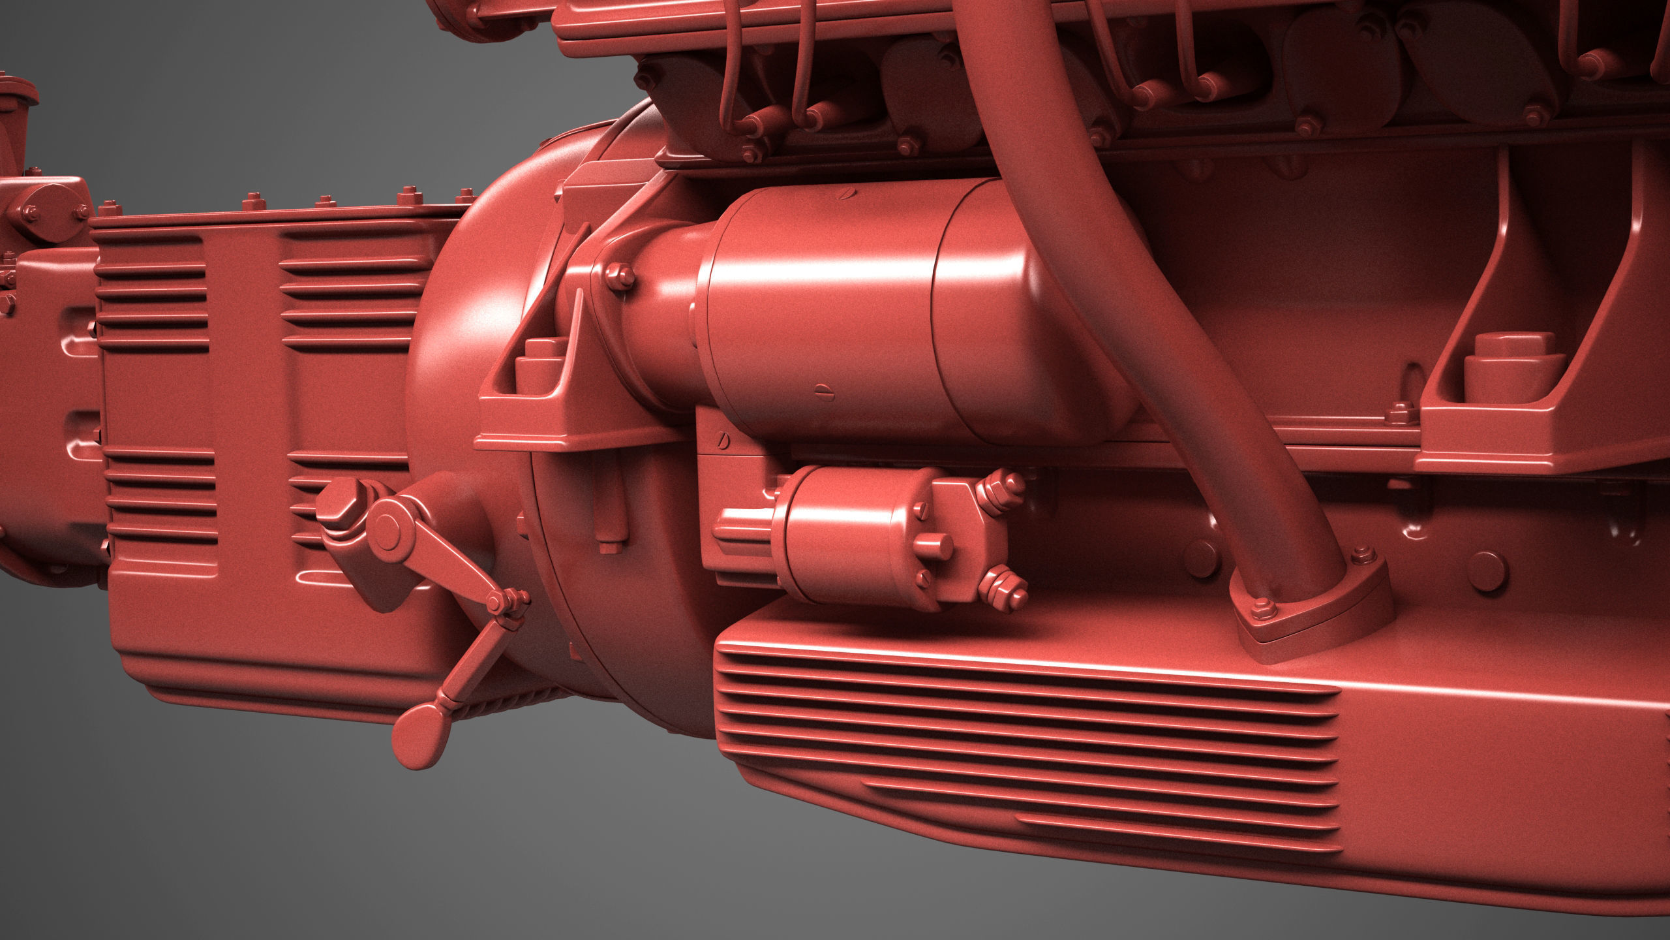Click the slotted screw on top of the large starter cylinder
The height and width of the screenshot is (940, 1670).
(846, 194)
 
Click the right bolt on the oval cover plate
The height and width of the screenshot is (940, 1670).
(82, 210)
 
